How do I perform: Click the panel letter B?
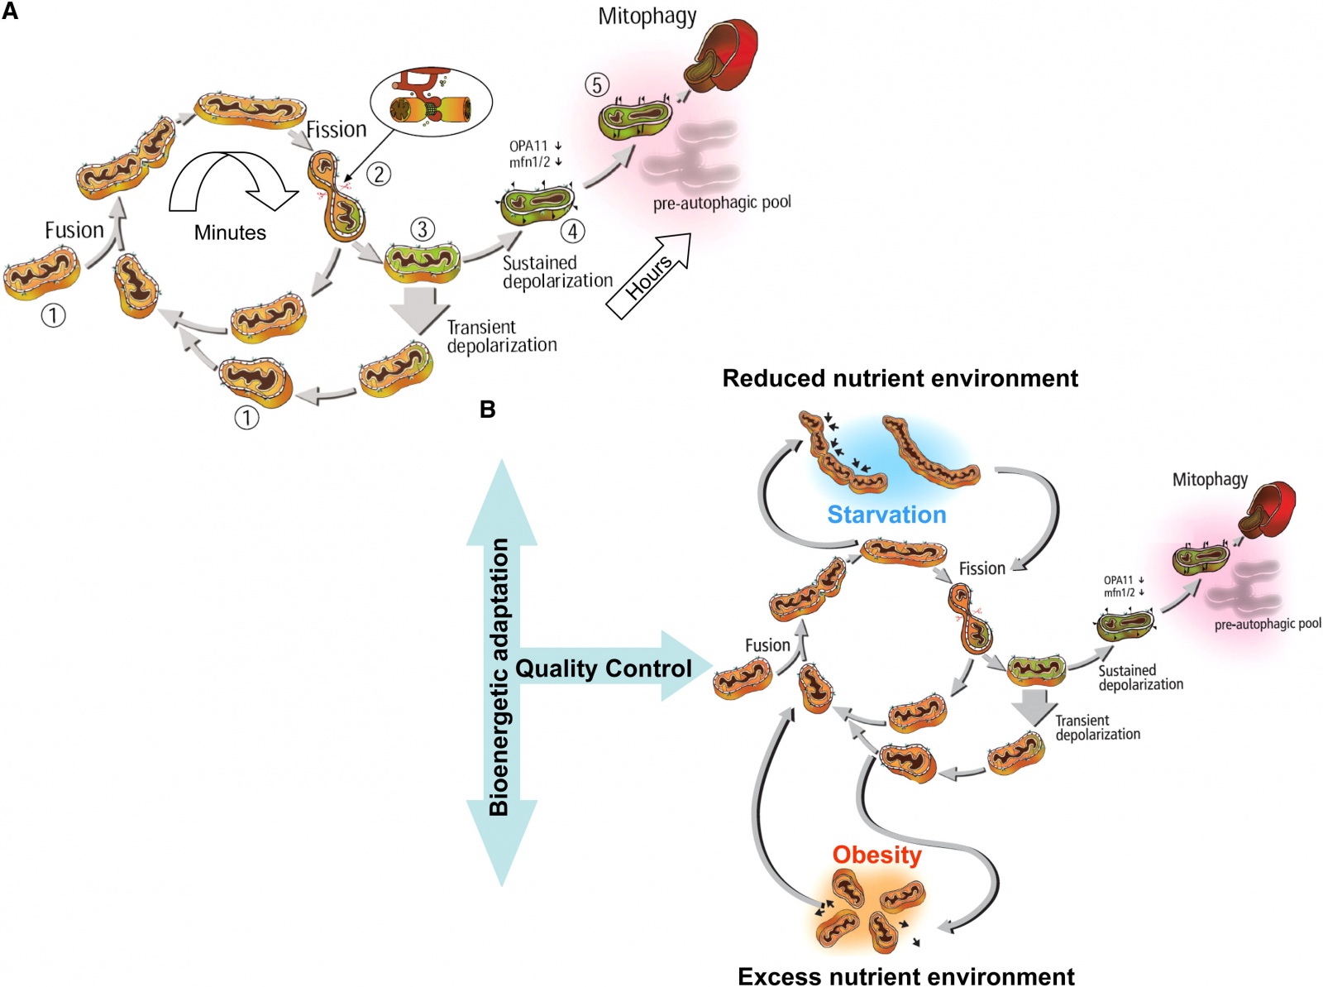(x=488, y=409)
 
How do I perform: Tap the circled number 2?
(x=379, y=174)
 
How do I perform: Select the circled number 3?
(x=423, y=229)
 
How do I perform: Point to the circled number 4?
(x=573, y=231)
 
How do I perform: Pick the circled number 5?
(x=597, y=84)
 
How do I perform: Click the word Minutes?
(x=230, y=232)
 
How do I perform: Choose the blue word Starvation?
(x=886, y=515)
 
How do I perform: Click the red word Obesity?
(x=876, y=855)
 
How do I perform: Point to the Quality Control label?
(x=604, y=668)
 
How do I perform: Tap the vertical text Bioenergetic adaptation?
(x=499, y=677)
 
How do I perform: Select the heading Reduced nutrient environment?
(x=900, y=378)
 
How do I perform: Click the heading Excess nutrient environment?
(x=905, y=976)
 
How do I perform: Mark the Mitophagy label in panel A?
(x=647, y=17)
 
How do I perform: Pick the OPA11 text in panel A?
(x=528, y=146)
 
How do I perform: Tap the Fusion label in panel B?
(x=767, y=645)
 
